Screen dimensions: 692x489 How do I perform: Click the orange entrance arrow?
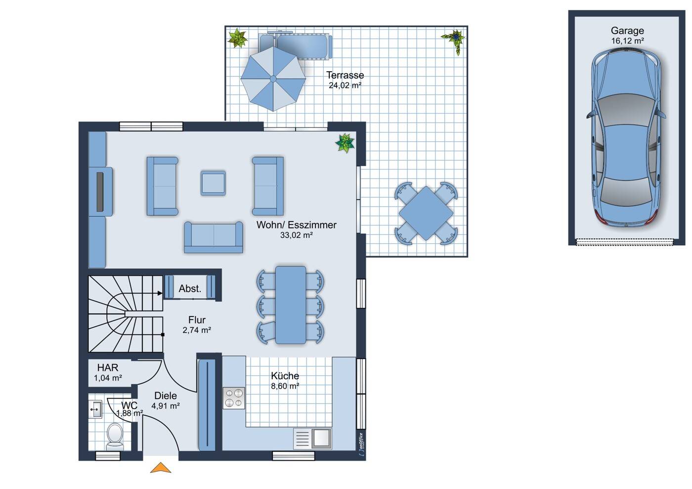[161, 468]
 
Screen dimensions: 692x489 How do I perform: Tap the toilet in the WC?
[115, 437]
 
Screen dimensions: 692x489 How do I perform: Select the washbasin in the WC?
[95, 409]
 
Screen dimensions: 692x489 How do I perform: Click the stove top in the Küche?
[234, 398]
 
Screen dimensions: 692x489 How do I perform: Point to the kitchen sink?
[312, 438]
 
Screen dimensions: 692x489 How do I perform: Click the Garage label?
[627, 31]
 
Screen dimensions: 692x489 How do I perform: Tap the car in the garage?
[626, 137]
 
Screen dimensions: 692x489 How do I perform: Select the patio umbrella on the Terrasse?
[273, 79]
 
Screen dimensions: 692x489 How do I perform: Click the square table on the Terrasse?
[426, 213]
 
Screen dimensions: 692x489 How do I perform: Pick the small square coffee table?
[213, 183]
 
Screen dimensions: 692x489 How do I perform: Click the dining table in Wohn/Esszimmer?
[291, 305]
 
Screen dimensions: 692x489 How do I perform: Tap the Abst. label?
[190, 289]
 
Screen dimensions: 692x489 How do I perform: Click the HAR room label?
[108, 367]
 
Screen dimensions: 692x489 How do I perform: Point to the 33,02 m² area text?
[296, 235]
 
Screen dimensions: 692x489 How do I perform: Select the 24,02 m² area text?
[345, 86]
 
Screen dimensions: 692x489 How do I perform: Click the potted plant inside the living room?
[345, 143]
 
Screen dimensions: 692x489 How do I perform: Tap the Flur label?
[197, 319]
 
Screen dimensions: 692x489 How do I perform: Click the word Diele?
[166, 396]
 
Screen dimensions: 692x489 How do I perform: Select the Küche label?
[285, 376]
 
